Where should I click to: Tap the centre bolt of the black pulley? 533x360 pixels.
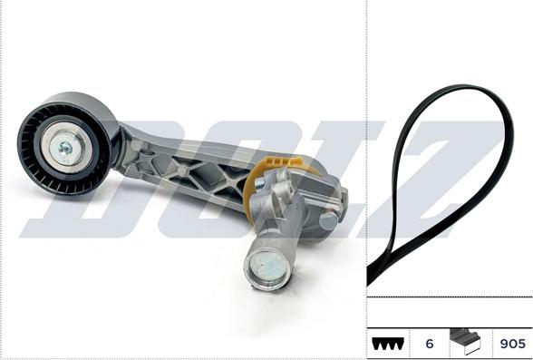click(x=64, y=146)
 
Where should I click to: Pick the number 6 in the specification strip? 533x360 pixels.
click(x=430, y=345)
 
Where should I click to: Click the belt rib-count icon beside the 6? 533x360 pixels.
click(x=386, y=345)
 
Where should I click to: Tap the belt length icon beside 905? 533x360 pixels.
click(x=466, y=343)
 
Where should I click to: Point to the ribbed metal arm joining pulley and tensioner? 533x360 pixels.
click(x=181, y=168)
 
